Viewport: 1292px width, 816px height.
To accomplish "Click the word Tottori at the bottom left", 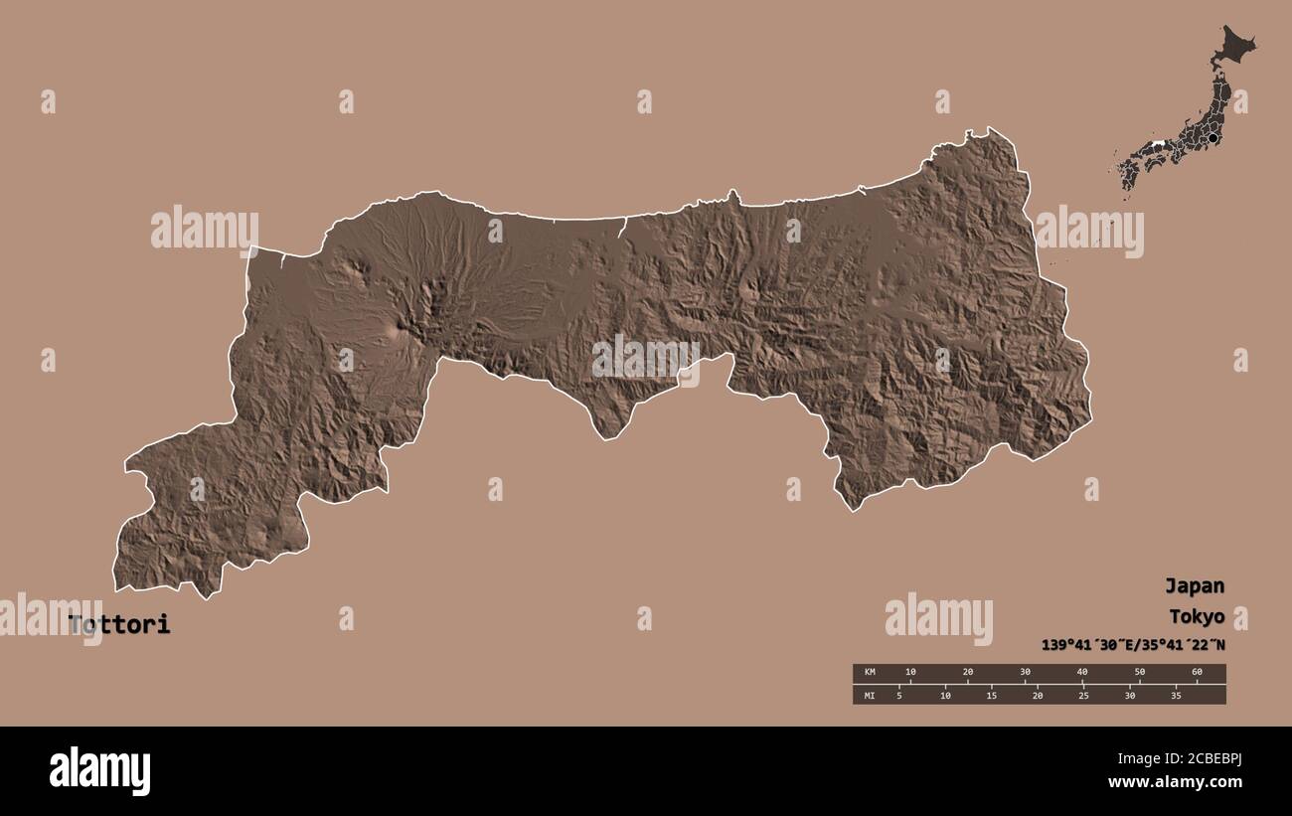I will point(119,625).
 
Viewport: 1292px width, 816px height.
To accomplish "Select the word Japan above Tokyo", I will point(1194,585).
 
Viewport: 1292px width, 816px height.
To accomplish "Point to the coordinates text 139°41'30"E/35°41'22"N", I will point(1133,644).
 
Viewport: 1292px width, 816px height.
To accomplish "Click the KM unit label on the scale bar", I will point(870,673).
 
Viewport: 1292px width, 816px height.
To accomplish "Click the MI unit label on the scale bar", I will point(870,695).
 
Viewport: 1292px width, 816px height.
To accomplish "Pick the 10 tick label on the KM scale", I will point(910,673).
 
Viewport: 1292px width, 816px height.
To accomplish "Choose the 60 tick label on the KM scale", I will point(1197,673).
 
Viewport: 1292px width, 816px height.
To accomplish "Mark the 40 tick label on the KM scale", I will point(1082,673).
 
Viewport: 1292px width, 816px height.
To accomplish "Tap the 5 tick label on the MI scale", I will point(899,695).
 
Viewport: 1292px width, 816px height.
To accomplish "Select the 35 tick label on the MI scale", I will point(1176,695).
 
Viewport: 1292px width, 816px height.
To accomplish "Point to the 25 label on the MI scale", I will point(1083,695).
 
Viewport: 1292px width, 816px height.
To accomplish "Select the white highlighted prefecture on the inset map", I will point(1156,145).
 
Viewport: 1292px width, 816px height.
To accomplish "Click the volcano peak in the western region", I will point(403,323).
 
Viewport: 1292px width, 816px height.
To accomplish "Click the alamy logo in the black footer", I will point(99,770).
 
